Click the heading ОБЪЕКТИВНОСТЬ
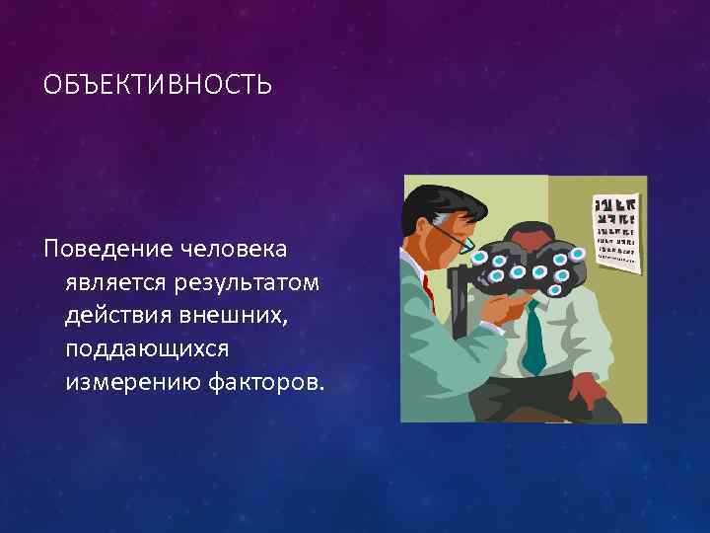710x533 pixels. [157, 85]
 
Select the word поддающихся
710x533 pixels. [147, 349]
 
